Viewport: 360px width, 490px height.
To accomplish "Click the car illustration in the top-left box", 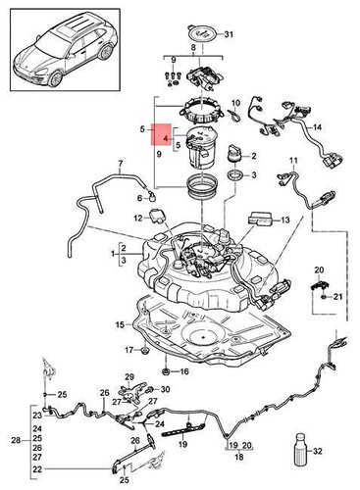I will tap(61, 58).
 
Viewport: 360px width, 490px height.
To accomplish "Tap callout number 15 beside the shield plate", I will tap(120, 324).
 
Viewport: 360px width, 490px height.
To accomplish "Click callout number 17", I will tap(129, 350).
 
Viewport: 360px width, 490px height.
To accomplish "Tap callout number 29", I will tap(128, 377).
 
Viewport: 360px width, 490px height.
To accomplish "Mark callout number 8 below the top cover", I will tap(192, 47).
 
